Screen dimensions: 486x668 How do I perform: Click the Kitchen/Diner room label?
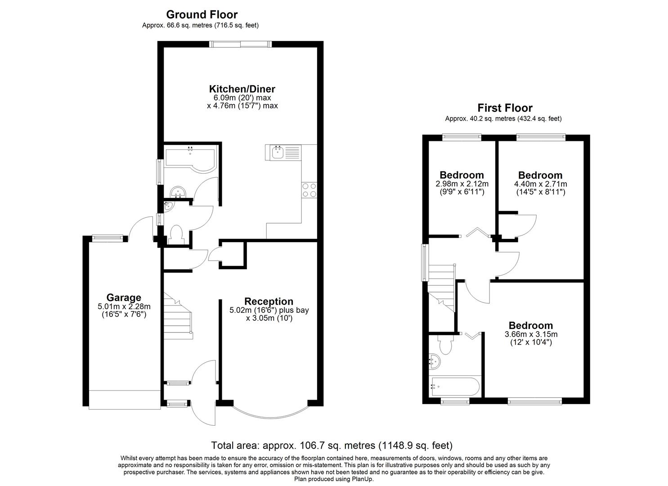click(x=242, y=89)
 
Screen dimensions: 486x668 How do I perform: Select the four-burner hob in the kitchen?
click(x=309, y=190)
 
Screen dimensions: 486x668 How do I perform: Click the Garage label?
click(x=124, y=297)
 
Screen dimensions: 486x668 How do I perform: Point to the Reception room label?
click(x=269, y=301)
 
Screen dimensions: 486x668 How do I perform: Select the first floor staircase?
click(x=441, y=287)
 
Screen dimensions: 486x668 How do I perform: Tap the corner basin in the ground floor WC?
click(x=169, y=207)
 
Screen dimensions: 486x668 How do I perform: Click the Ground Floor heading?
click(x=202, y=15)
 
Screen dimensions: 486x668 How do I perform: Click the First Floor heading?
click(x=505, y=108)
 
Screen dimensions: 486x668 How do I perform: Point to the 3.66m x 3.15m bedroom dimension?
click(x=530, y=334)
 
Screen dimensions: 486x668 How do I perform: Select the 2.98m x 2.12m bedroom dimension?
click(x=462, y=184)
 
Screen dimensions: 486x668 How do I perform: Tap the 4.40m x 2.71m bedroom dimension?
click(x=540, y=184)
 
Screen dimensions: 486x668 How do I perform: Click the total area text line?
click(x=332, y=445)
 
